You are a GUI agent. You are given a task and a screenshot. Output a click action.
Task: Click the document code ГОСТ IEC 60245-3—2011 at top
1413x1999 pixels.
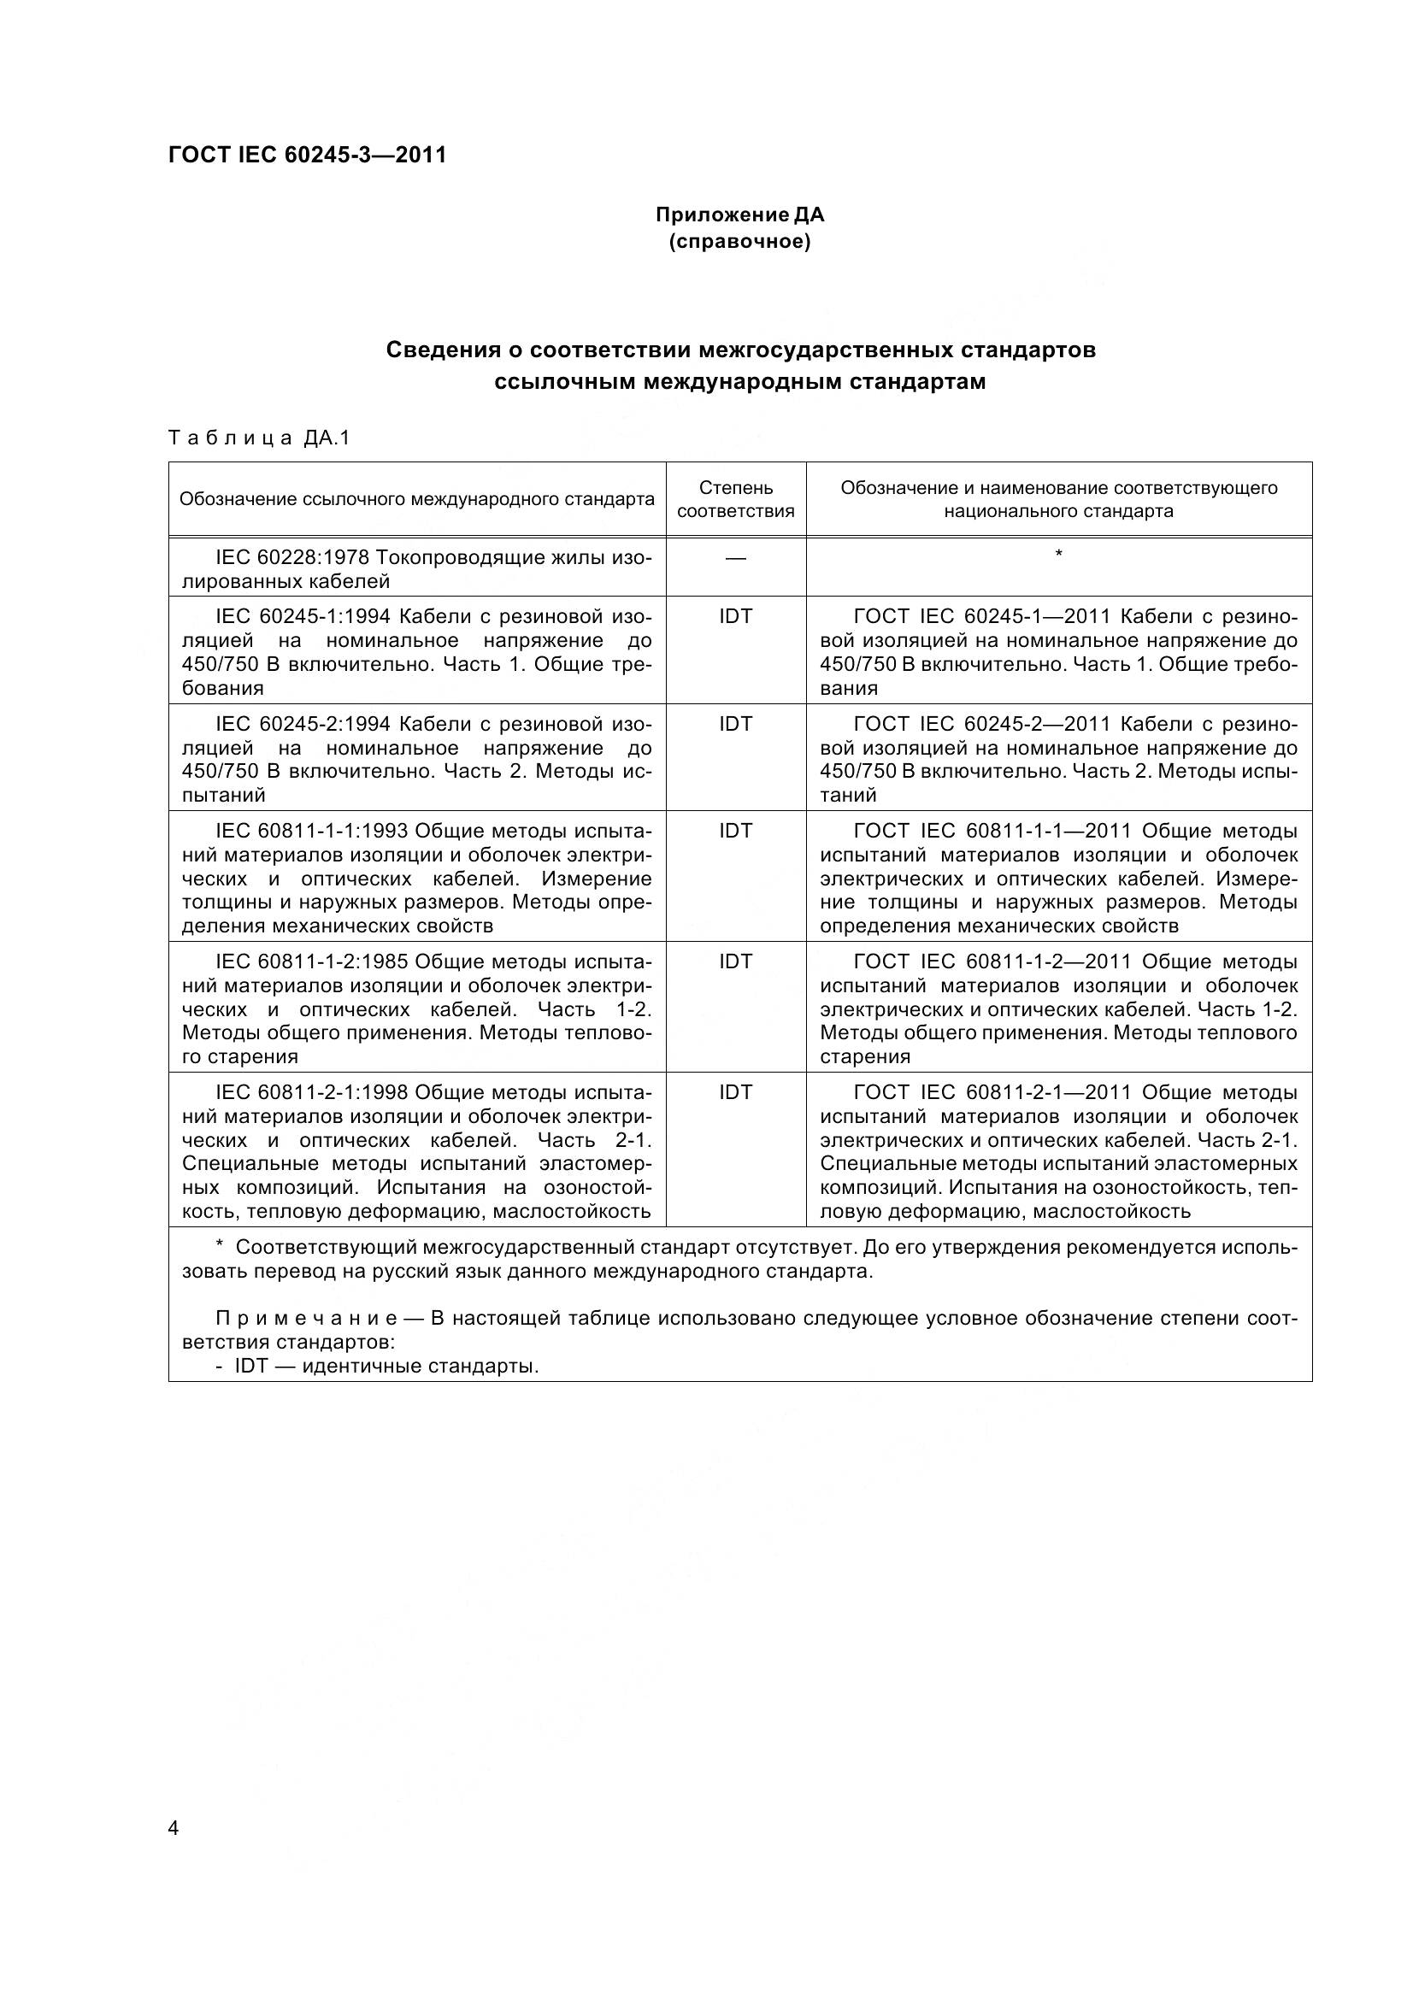(307, 155)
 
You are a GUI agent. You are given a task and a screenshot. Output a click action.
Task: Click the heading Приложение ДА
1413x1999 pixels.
(739, 215)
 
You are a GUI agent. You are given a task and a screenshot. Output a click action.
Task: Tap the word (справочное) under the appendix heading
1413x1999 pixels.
(739, 241)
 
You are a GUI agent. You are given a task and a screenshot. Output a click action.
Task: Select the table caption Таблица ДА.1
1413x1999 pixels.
(258, 438)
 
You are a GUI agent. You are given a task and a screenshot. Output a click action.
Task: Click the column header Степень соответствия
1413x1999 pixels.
(736, 499)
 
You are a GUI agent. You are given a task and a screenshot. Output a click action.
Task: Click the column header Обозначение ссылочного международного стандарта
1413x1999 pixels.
(416, 499)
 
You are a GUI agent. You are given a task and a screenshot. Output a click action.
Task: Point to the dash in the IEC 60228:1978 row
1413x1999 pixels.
(736, 557)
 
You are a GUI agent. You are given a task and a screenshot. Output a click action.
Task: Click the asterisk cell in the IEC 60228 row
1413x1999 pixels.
(1058, 555)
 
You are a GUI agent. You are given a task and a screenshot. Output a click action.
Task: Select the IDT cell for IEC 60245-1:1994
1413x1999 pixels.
(736, 616)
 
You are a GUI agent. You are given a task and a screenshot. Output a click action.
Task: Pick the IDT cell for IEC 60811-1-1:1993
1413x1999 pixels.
(736, 831)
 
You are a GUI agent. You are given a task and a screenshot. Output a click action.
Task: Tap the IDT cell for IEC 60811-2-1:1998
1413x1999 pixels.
(736, 1091)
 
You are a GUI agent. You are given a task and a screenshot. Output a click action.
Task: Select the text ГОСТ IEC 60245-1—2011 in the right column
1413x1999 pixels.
(982, 616)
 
